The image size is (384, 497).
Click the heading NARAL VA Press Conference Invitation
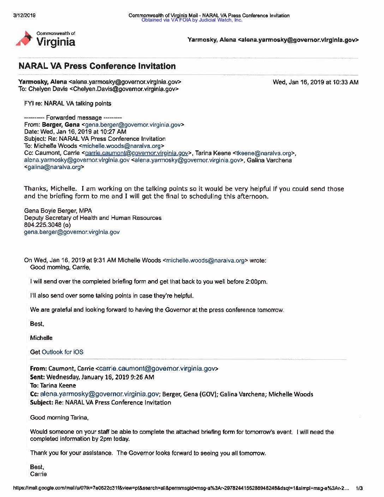coord(97,66)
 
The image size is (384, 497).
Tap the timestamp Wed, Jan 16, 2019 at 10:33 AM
coord(316,82)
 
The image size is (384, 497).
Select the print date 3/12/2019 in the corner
coord(24,15)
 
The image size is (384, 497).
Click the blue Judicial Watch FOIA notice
coord(192,20)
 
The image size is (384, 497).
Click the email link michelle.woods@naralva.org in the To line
coord(121,146)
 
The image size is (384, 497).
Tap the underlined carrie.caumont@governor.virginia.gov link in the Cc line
coord(136,153)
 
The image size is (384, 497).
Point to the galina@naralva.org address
coord(54,167)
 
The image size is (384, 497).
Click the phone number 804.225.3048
coord(43,225)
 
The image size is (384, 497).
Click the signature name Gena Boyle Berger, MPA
coord(58,211)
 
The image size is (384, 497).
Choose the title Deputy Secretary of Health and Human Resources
coord(92,218)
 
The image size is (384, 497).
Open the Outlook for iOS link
coord(62,352)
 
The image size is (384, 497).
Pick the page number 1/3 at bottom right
coord(359,488)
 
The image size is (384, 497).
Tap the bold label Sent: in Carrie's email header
coord(37,377)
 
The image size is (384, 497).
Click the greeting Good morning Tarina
coord(59,418)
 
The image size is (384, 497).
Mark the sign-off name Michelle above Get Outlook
coord(41,338)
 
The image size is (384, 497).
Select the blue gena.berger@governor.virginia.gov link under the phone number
coord(72,232)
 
